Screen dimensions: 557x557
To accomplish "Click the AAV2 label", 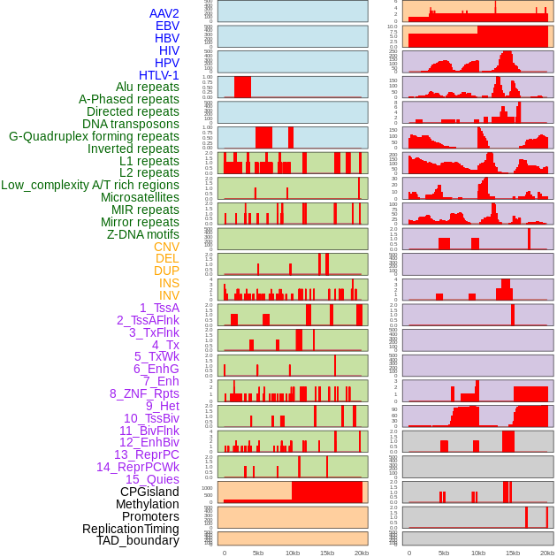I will tap(164, 13).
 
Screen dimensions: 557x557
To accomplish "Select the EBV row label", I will tap(167, 26).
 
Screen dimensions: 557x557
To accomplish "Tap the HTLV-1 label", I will tap(159, 75).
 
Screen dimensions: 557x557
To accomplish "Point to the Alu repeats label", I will tap(148, 88).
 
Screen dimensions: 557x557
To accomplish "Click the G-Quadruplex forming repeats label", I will tap(94, 137).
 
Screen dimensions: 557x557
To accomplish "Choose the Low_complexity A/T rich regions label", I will tap(90, 185).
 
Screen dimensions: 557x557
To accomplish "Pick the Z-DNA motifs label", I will tap(143, 234).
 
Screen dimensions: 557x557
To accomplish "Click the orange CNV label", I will tap(166, 247).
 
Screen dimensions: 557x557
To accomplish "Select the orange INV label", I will tap(169, 295).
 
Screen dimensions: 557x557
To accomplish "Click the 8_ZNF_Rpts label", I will tap(144, 393).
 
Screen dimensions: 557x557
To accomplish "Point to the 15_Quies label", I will tap(152, 479).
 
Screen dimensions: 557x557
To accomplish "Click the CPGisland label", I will tap(149, 492).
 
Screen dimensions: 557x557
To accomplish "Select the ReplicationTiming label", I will tap(130, 529).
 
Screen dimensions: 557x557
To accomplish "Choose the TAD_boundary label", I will tap(138, 540).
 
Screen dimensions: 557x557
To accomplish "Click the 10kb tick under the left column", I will tap(293, 553).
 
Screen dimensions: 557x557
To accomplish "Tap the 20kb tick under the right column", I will tap(547, 553).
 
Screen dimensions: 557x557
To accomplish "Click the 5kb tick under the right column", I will tap(444, 553).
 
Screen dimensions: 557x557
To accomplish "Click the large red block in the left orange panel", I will tap(326, 492).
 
